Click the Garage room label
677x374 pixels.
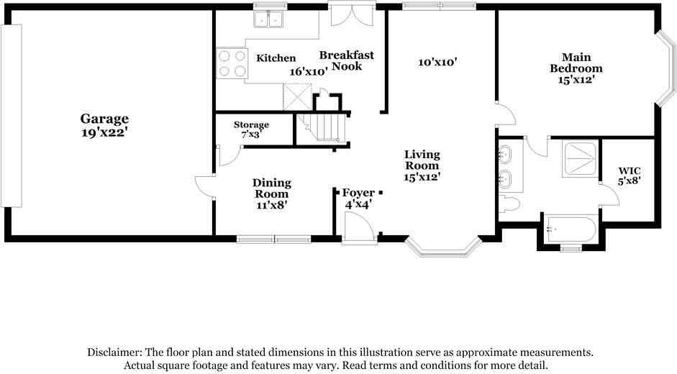[104, 119]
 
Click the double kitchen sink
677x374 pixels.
[269, 19]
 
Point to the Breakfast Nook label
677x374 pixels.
[347, 60]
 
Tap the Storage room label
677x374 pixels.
[251, 125]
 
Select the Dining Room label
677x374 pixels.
[271, 188]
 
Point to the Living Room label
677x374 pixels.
[422, 160]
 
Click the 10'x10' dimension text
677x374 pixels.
[438, 63]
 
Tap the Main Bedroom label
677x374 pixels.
[576, 63]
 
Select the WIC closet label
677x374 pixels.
[628, 171]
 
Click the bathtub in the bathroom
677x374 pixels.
[570, 230]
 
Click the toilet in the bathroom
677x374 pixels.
[509, 203]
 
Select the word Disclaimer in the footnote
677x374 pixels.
[114, 352]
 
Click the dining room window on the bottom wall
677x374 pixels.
[273, 240]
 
